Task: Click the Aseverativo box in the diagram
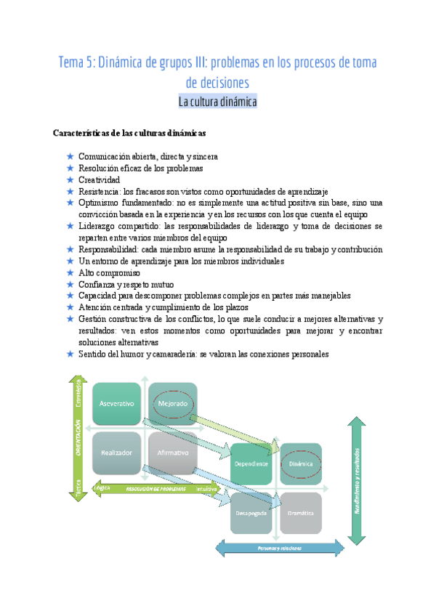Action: click(x=116, y=404)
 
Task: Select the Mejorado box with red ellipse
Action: click(x=172, y=404)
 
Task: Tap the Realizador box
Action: click(x=116, y=453)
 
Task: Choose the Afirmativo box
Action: click(x=172, y=453)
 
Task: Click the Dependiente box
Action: click(x=251, y=463)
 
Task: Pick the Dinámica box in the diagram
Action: click(x=301, y=463)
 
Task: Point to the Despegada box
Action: click(x=251, y=513)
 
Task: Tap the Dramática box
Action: click(x=301, y=513)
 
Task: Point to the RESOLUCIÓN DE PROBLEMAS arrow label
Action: click(x=156, y=489)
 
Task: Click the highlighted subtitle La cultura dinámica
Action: click(x=218, y=102)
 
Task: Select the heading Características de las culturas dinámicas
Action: click(x=130, y=134)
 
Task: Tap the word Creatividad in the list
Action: click(x=100, y=179)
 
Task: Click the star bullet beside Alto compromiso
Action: click(x=70, y=272)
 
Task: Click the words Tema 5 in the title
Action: click(x=76, y=63)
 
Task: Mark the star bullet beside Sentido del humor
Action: click(x=70, y=354)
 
